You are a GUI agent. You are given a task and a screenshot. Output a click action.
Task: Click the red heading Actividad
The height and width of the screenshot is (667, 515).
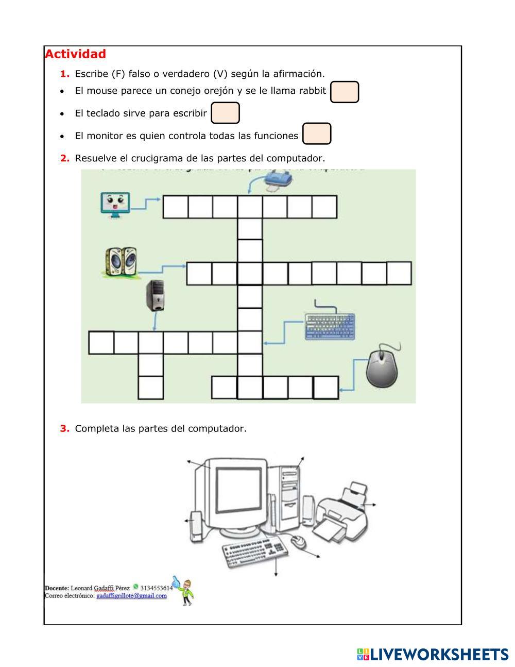tap(75, 54)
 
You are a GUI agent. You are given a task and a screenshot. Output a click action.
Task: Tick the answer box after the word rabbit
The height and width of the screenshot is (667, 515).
tap(344, 92)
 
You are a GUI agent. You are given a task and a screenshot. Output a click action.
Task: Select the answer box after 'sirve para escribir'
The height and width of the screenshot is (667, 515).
tap(226, 113)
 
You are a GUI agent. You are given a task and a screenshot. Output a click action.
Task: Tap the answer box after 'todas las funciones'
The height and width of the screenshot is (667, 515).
tap(317, 134)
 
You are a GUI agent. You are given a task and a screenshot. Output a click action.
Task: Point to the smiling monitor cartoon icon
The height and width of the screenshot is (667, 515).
tap(115, 204)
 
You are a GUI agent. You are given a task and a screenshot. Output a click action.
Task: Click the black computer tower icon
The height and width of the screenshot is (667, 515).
tap(154, 295)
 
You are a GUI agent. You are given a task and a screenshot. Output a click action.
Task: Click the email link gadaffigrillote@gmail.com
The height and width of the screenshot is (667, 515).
tap(131, 596)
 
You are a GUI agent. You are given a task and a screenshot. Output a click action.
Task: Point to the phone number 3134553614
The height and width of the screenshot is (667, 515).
tap(157, 587)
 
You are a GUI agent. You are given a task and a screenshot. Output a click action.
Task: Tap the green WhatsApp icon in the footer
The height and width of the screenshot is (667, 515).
tap(135, 587)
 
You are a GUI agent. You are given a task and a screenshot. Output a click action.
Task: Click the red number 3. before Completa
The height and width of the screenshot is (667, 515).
tap(64, 428)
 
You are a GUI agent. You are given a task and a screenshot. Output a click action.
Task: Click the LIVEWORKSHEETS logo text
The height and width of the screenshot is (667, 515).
tap(438, 655)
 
